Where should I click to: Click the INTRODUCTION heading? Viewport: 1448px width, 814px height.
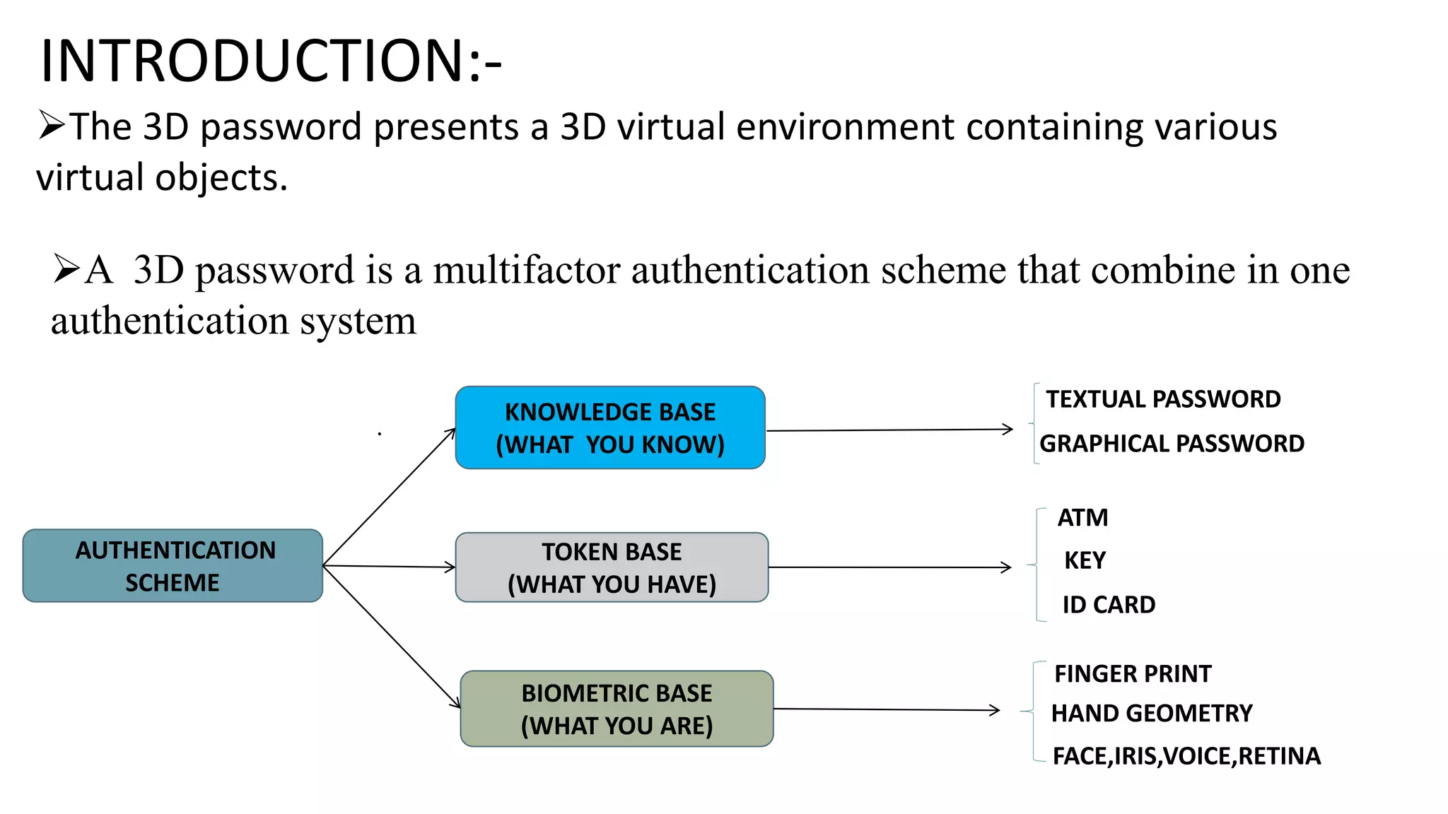(271, 61)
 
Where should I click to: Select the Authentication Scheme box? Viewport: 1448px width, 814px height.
(173, 566)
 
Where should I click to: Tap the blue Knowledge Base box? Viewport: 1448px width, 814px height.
(610, 427)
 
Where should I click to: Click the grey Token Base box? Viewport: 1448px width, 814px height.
(612, 567)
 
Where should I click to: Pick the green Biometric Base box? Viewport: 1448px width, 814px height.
(617, 709)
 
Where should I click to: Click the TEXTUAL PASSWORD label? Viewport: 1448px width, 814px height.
(1163, 399)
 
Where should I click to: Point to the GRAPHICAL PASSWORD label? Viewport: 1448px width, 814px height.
(1172, 444)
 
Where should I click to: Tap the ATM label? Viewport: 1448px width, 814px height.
(1082, 518)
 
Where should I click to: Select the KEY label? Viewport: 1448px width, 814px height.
(1085, 560)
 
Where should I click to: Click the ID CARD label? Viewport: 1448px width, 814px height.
(1109, 605)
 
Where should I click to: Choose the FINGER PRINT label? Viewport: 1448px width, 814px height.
(1133, 674)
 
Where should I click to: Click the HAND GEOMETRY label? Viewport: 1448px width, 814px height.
(1152, 714)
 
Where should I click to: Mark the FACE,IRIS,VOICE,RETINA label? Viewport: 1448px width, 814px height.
(1186, 756)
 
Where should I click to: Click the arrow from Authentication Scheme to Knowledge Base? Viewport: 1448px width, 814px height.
(389, 497)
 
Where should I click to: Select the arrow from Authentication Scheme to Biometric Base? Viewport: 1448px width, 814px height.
(391, 636)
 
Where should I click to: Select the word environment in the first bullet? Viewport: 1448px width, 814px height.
(845, 127)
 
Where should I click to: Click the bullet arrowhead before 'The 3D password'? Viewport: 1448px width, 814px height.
(52, 126)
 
